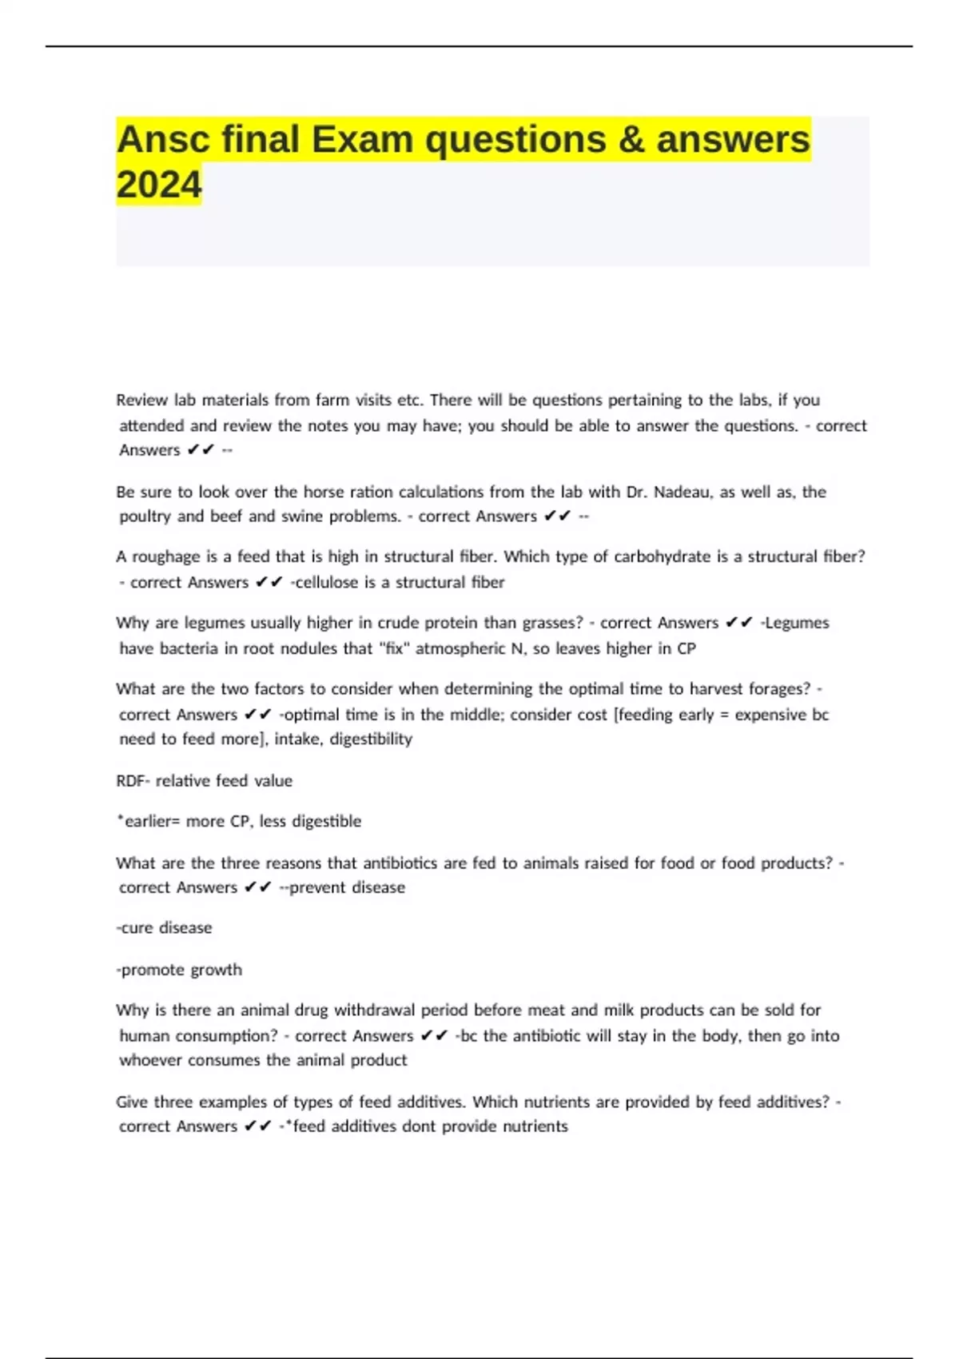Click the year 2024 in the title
(x=159, y=185)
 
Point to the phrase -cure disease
(x=164, y=928)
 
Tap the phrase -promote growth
(x=179, y=970)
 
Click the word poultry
(x=145, y=516)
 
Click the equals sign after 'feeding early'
(x=724, y=715)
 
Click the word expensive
(x=770, y=715)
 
